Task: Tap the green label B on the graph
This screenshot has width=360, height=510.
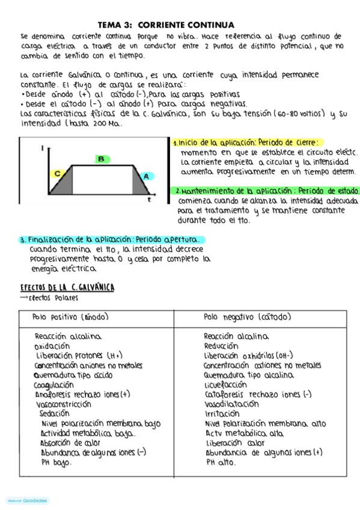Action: pyautogui.click(x=101, y=159)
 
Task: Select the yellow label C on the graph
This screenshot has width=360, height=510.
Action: pyautogui.click(x=58, y=173)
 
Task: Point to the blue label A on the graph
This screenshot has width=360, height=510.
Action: pyautogui.click(x=145, y=176)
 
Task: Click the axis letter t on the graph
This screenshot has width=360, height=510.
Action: pyautogui.click(x=149, y=198)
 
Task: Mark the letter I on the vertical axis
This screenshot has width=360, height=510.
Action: pyautogui.click(x=41, y=147)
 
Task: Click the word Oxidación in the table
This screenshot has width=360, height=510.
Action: pyautogui.click(x=52, y=346)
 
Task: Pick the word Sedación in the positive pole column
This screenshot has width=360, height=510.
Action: pyautogui.click(x=54, y=413)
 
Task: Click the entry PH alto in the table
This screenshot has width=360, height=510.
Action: pyautogui.click(x=220, y=462)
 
